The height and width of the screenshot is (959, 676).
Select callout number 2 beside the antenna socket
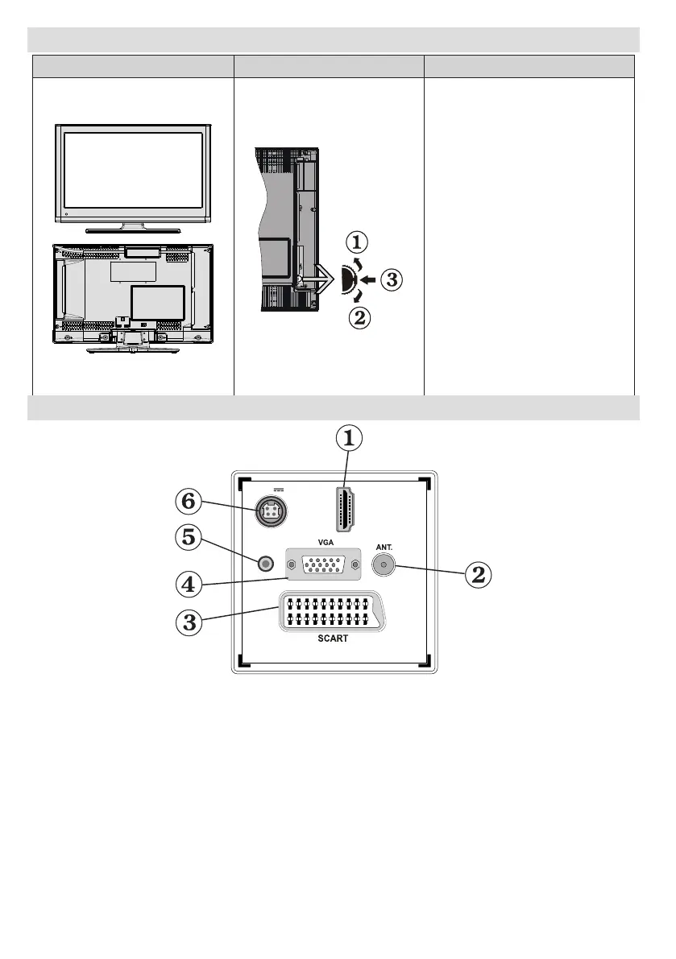[478, 574]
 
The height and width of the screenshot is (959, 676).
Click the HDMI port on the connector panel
[347, 511]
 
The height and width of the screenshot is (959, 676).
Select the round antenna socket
[383, 565]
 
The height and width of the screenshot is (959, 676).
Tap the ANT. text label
[384, 546]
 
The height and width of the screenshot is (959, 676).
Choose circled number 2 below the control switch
[359, 318]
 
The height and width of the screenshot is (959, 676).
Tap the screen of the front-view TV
[133, 172]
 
